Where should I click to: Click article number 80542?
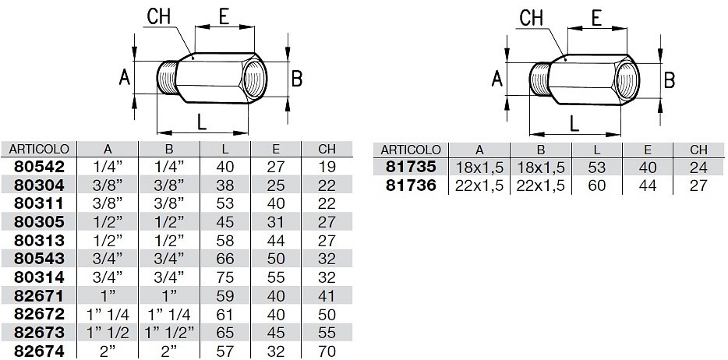39,167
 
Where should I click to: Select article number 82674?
39,351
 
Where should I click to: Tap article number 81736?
412,185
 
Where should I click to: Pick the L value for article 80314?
225,277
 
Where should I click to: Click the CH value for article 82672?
327,315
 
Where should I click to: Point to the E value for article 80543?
276,259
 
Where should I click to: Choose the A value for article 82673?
108,333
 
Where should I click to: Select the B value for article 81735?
541,167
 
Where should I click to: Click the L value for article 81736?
596,185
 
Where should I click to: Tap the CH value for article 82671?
327,296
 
